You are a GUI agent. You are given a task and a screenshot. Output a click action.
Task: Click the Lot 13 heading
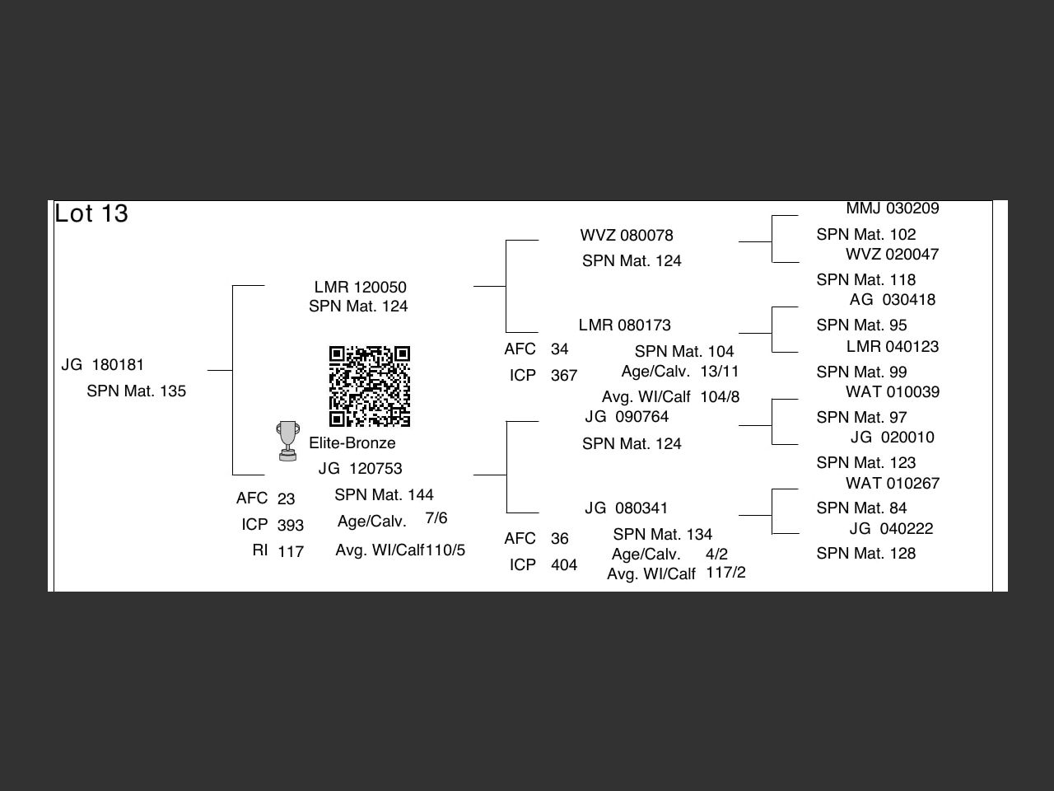tap(91, 213)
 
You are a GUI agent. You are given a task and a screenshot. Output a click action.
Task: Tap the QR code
tap(370, 386)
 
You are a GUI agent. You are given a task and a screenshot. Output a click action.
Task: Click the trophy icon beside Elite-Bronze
tap(287, 441)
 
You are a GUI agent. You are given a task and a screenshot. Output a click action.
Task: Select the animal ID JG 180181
tap(103, 365)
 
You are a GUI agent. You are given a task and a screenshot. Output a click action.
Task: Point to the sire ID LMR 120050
tap(360, 287)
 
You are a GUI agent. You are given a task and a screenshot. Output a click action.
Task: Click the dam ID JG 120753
tap(360, 469)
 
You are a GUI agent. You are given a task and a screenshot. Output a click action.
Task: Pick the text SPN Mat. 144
tap(384, 495)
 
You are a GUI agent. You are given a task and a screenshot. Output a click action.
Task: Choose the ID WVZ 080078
tap(626, 236)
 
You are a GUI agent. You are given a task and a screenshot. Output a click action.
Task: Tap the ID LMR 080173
tap(624, 325)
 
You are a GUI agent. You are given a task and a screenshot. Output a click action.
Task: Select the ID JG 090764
tap(627, 417)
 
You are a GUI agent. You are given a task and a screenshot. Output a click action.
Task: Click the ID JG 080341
tap(627, 508)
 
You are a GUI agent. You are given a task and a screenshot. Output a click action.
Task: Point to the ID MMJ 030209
tap(893, 209)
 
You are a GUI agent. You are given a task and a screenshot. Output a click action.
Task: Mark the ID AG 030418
tap(893, 300)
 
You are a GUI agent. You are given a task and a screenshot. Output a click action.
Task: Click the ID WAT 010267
tap(893, 484)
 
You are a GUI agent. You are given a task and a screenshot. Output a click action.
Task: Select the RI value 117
tap(291, 552)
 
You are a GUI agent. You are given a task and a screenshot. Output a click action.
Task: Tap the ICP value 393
tap(291, 526)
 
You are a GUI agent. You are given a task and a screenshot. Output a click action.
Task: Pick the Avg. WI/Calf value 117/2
tap(725, 573)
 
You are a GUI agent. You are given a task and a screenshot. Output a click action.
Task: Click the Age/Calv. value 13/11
tap(720, 372)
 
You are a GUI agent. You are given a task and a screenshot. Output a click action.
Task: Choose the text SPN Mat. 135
tap(137, 391)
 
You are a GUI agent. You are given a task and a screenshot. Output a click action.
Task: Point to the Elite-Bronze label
tap(352, 443)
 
